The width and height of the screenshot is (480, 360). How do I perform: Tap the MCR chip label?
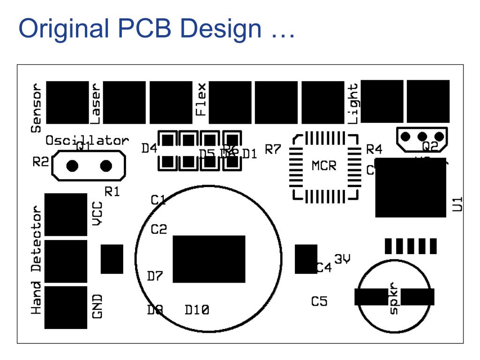pos(324,166)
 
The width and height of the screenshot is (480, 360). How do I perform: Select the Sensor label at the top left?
pos(36,108)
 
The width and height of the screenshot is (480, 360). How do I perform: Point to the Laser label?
pos(96,104)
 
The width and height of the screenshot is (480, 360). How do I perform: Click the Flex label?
pos(201,99)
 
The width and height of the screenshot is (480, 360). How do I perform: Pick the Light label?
pos(353,104)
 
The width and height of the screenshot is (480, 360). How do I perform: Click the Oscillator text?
pos(87,140)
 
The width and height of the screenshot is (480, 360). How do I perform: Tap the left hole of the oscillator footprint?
pos(73,166)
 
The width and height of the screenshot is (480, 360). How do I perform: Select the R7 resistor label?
pos(273,150)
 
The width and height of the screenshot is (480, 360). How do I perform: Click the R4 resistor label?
pos(374,150)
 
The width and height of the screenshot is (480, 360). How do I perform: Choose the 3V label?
pos(343,259)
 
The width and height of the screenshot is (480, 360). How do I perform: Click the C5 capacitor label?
pos(319,301)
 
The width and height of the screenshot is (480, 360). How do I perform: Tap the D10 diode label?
pos(197,310)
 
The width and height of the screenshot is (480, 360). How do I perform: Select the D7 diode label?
pos(155,276)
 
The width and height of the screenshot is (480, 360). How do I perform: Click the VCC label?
pos(97,215)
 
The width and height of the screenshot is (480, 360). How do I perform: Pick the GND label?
pos(97,306)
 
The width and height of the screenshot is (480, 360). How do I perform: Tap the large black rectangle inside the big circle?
pos(209,259)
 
